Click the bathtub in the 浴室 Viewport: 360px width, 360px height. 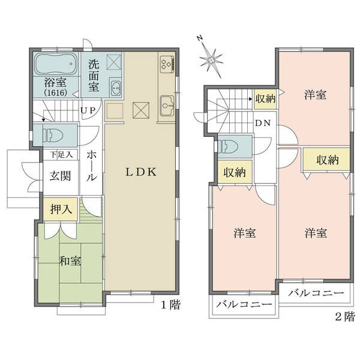pos(56,64)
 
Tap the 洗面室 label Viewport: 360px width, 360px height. pos(94,76)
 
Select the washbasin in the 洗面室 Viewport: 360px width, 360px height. pos(116,88)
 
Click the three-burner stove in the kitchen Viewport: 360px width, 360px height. pos(167,64)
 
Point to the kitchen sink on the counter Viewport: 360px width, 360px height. pos(167,106)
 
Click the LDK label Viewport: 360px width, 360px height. pos(141,172)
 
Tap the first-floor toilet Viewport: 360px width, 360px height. pos(54,135)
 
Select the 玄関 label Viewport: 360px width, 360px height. pos(61,176)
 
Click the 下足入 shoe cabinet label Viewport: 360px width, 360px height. pos(62,155)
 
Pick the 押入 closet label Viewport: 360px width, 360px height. pos(61,209)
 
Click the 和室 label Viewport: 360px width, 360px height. pos(70,261)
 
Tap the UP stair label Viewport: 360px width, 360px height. pos(88,110)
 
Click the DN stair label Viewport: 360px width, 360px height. pos(263,123)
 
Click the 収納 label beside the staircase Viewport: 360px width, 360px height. pos(265,99)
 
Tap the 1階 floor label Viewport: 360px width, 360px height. pos(170,305)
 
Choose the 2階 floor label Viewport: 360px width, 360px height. pos(345,317)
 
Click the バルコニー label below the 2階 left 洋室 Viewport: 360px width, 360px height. pos(244,305)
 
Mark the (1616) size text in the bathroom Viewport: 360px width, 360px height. pos(56,92)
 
